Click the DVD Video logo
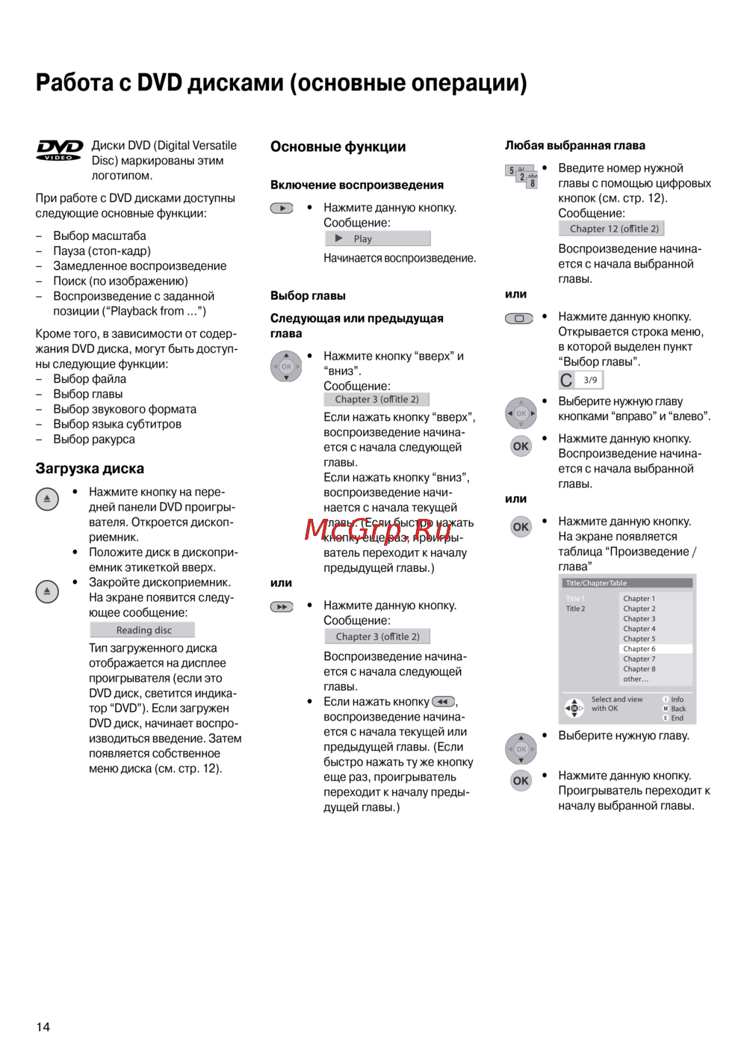pyautogui.click(x=59, y=150)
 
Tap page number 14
pyautogui.click(x=43, y=1027)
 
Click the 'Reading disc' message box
pyautogui.click(x=143, y=630)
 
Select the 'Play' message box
pyautogui.click(x=378, y=238)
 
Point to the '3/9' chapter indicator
pyautogui.click(x=590, y=380)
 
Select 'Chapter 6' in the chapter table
pyautogui.click(x=639, y=649)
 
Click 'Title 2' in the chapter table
pyautogui.click(x=575, y=608)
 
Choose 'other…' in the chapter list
pyautogui.click(x=636, y=679)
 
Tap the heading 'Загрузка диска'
pyautogui.click(x=90, y=469)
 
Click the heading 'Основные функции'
pyautogui.click(x=338, y=147)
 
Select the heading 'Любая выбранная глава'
pyautogui.click(x=574, y=146)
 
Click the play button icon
pyautogui.click(x=282, y=209)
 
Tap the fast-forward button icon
pyautogui.click(x=282, y=607)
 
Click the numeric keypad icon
pyautogui.click(x=521, y=176)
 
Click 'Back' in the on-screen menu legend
pyautogui.click(x=678, y=709)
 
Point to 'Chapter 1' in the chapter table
pyautogui.click(x=639, y=599)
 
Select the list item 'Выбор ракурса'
pyautogui.click(x=94, y=440)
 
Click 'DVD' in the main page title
pyautogui.click(x=159, y=82)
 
